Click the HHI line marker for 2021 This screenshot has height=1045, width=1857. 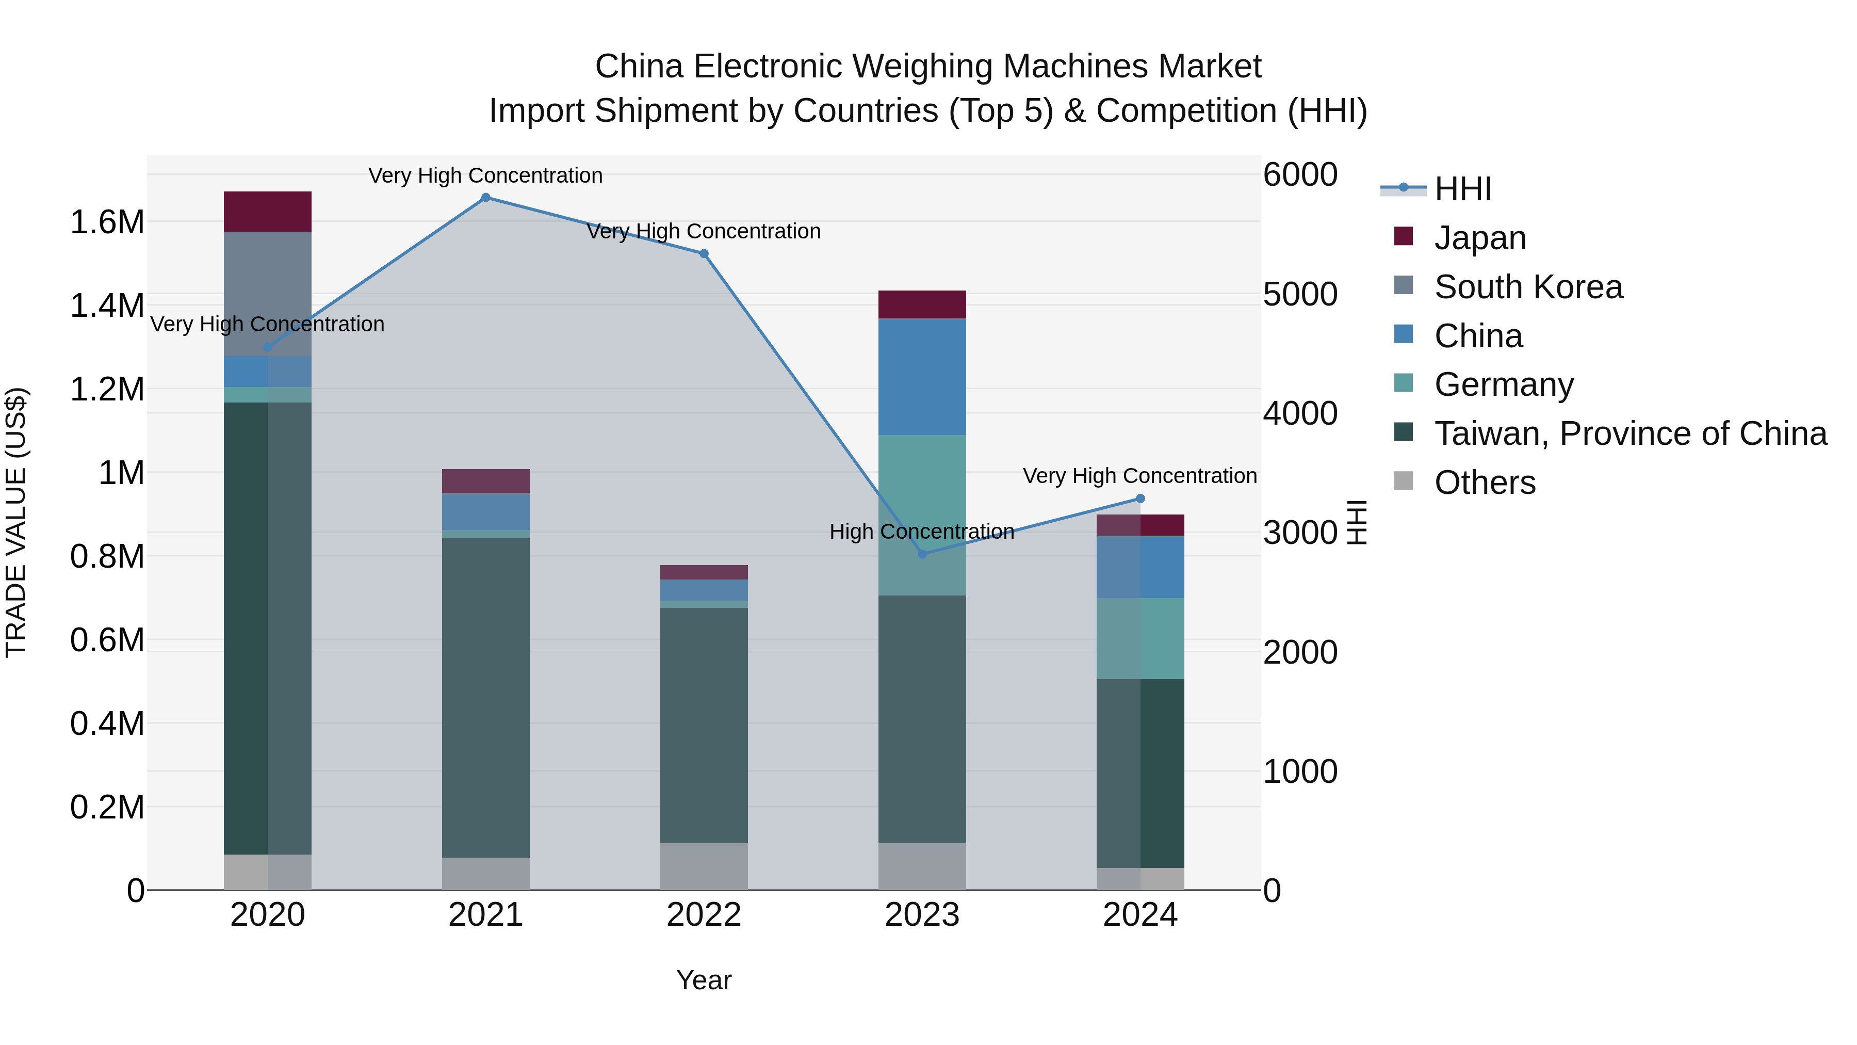click(x=485, y=198)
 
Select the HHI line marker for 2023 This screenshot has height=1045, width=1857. click(x=922, y=554)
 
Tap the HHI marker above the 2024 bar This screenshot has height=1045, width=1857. click(x=1139, y=499)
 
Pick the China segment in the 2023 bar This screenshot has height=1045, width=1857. click(x=922, y=377)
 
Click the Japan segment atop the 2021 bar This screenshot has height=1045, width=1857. click(x=485, y=481)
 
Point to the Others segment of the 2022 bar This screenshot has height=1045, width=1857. click(x=704, y=865)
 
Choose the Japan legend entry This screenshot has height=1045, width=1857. click(x=1479, y=238)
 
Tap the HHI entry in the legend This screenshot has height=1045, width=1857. click(x=1462, y=189)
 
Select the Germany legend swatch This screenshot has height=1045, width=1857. click(x=1403, y=383)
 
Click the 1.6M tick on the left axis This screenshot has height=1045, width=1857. click(x=107, y=222)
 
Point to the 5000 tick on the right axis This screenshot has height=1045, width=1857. click(x=1300, y=294)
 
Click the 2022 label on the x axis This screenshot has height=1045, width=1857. click(x=704, y=915)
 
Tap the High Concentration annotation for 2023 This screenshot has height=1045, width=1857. click(x=921, y=532)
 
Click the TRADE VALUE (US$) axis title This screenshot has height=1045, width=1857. click(x=16, y=522)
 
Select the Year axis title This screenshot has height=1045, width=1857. click(x=704, y=980)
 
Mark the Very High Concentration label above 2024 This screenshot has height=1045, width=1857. click(x=1139, y=476)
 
